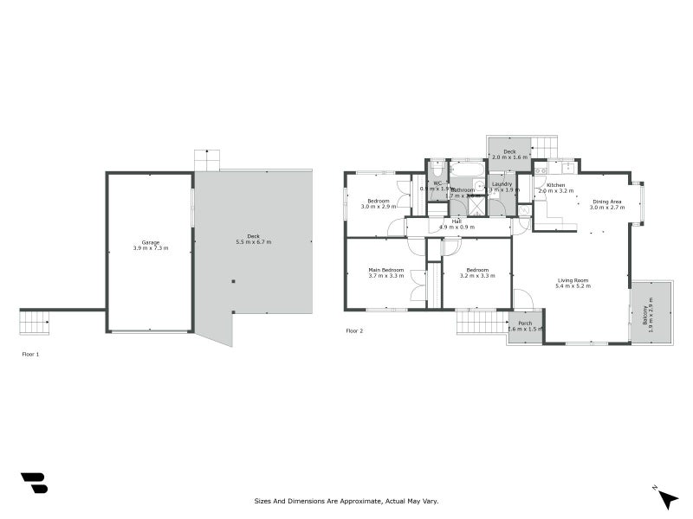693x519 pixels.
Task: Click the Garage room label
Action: click(x=149, y=241)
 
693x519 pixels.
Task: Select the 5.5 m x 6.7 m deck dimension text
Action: click(x=253, y=242)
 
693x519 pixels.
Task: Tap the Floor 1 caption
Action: click(x=30, y=354)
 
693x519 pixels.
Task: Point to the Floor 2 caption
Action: click(x=354, y=330)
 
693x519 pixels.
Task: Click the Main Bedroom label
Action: click(x=386, y=270)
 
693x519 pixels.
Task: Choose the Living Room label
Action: click(x=573, y=279)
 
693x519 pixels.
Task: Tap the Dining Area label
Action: click(x=607, y=201)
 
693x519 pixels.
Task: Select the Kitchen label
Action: click(x=555, y=185)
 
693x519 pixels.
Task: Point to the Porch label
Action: click(x=525, y=323)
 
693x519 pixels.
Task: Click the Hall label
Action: click(x=456, y=221)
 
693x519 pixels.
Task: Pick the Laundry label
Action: click(x=502, y=183)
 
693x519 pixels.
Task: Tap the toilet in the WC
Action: click(x=437, y=169)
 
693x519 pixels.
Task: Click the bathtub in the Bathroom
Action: click(x=468, y=170)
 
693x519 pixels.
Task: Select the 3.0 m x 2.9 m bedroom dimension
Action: click(x=378, y=208)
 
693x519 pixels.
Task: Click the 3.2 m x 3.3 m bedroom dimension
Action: click(x=477, y=276)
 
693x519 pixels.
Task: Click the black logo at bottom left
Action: click(x=34, y=483)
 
